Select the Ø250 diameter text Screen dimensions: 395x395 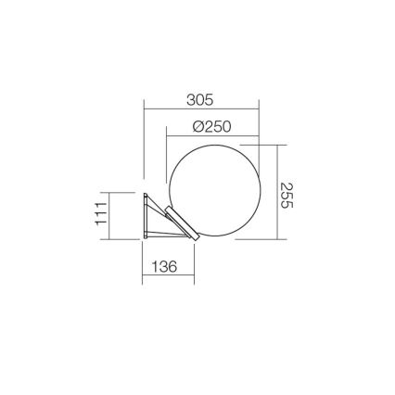pos(211,126)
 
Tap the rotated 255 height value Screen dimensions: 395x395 pos(287,192)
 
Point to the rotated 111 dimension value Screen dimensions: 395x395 pos(101,216)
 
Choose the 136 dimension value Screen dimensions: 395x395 pos(163,266)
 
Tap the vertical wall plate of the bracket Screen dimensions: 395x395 pos(146,217)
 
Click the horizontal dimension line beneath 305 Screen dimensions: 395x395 pos(200,108)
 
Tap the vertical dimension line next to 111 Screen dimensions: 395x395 pos(110,216)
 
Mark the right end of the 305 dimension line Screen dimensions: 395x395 pos(259,108)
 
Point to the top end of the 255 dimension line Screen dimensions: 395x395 pos(277,145)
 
